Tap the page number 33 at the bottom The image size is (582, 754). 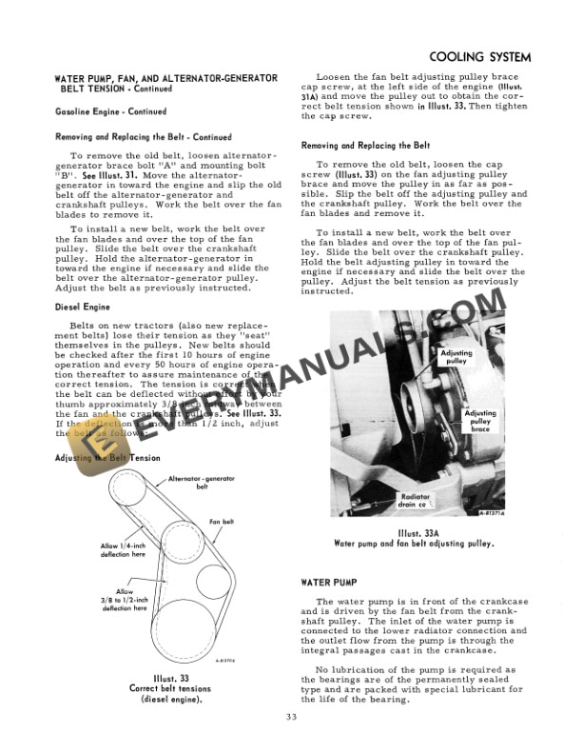point(290,717)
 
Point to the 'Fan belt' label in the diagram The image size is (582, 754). point(222,522)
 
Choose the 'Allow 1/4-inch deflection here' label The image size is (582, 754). point(124,549)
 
